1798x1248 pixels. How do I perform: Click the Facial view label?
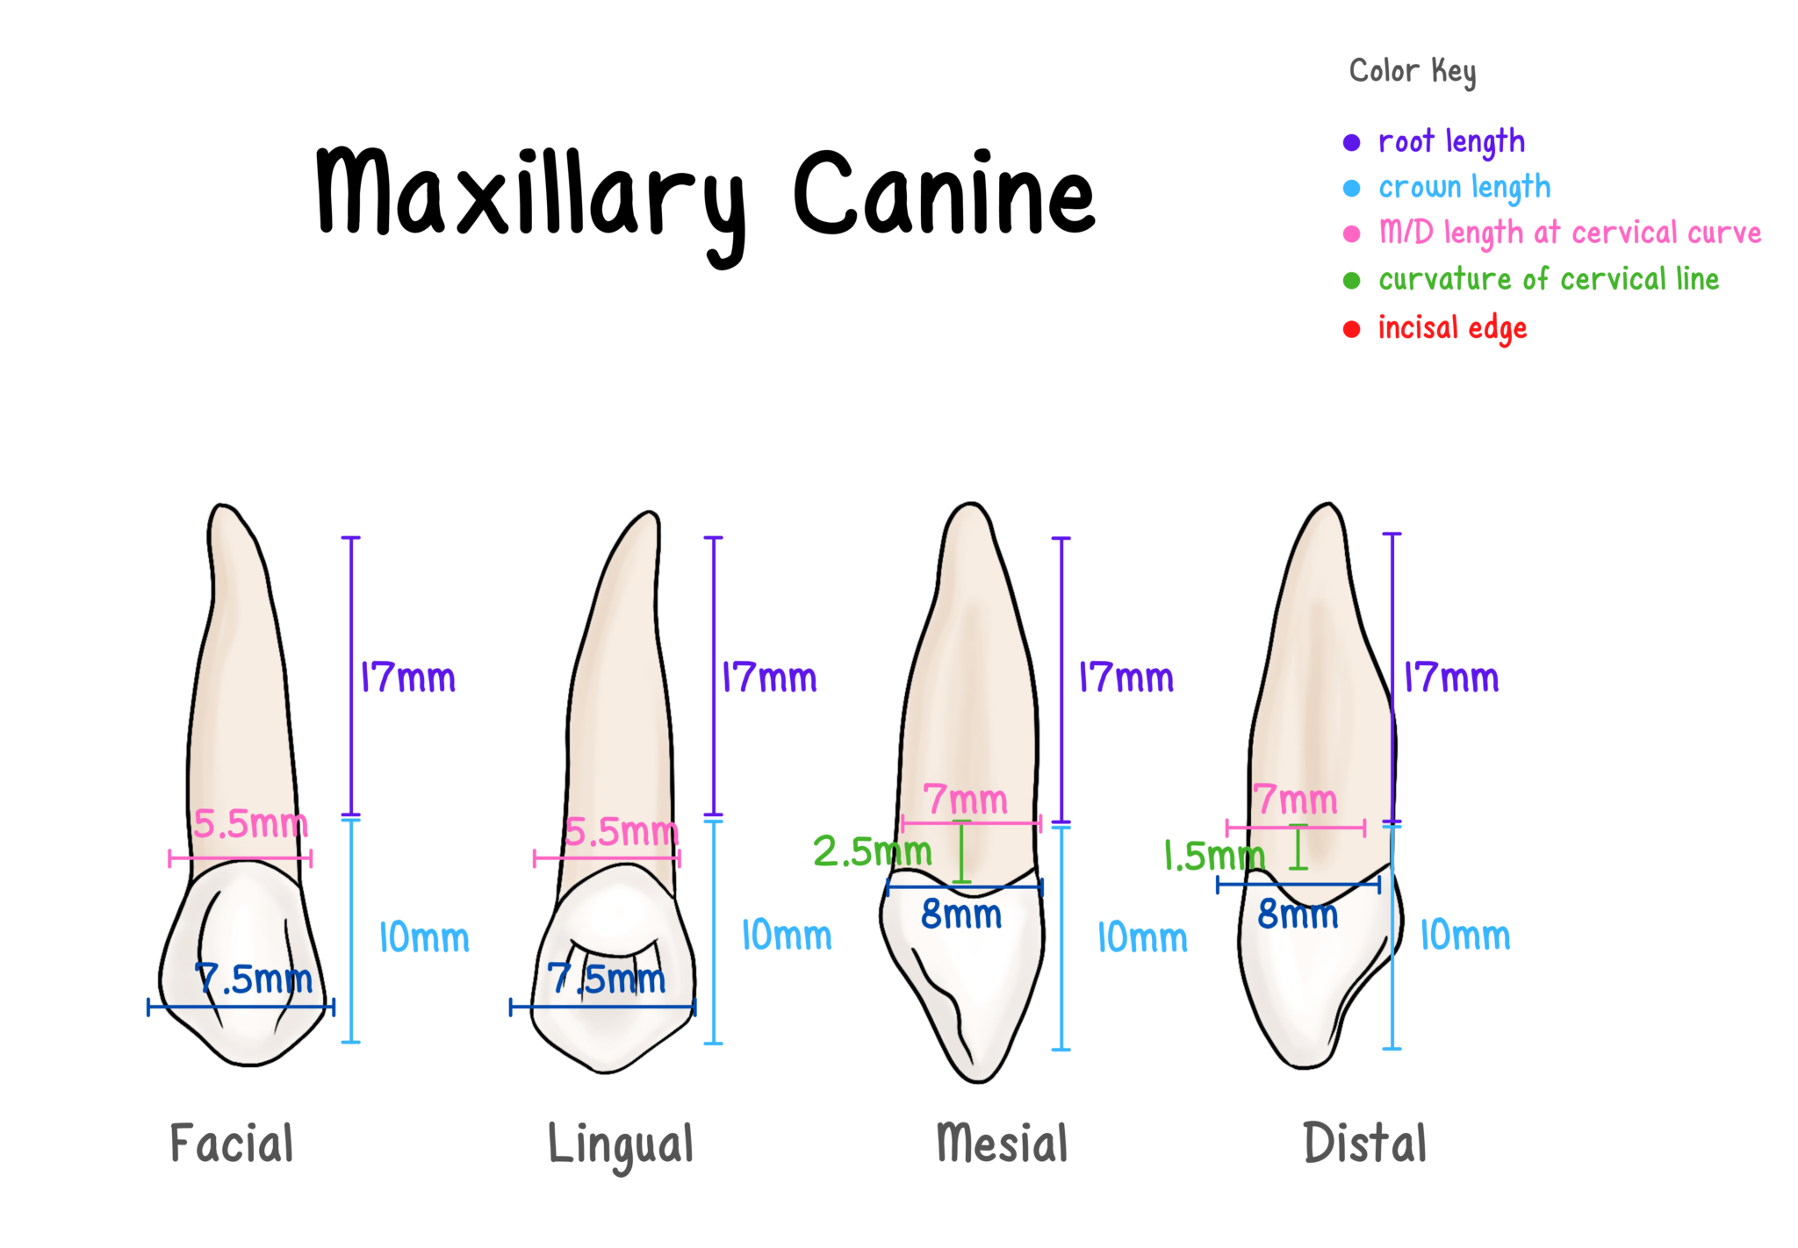(x=231, y=1143)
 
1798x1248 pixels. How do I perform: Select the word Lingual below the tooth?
(x=620, y=1144)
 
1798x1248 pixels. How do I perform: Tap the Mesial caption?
(x=1002, y=1143)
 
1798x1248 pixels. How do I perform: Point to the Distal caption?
(x=1365, y=1143)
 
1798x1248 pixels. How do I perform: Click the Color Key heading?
(x=1413, y=71)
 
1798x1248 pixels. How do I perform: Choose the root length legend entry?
(x=1451, y=142)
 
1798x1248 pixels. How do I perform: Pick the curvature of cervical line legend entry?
(x=1548, y=280)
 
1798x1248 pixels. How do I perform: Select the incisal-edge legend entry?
(x=1452, y=328)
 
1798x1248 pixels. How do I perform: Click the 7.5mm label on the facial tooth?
(x=254, y=979)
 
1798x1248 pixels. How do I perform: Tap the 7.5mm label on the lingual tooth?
(x=608, y=979)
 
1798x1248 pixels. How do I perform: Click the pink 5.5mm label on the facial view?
(x=247, y=825)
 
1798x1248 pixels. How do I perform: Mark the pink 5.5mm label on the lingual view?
(x=619, y=832)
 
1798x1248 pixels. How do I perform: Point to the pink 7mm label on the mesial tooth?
(x=965, y=800)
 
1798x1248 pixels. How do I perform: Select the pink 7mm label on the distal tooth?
(x=1295, y=800)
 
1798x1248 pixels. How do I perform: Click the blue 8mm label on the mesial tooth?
(x=961, y=915)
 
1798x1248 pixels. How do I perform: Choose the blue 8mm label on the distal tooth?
(x=1298, y=915)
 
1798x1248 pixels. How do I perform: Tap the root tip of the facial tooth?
(x=223, y=506)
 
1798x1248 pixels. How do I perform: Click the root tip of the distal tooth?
(x=1324, y=504)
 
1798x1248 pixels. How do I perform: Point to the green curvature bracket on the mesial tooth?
(x=962, y=851)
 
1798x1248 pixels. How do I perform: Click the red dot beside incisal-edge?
(x=1351, y=329)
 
